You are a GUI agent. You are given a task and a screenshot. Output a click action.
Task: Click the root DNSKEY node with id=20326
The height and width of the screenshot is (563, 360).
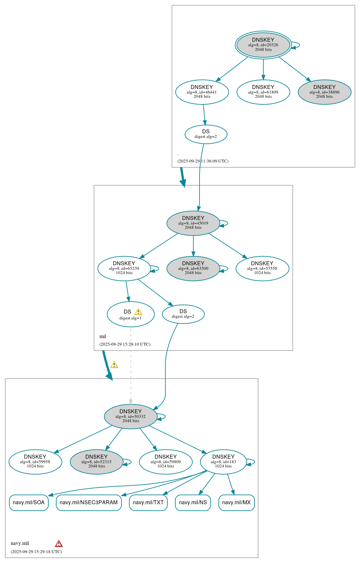click(263, 45)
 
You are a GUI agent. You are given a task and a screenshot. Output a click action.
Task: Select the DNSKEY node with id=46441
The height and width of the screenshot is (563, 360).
click(202, 92)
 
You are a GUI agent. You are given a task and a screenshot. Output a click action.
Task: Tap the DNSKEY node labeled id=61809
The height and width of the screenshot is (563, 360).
click(263, 92)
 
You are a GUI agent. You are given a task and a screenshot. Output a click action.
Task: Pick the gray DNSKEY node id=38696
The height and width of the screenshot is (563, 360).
click(324, 92)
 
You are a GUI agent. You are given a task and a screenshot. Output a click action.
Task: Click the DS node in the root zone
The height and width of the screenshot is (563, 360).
click(206, 134)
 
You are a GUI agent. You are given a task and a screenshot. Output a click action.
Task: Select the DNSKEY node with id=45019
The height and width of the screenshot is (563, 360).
click(193, 223)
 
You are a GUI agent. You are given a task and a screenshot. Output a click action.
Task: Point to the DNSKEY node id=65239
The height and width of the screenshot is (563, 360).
click(124, 268)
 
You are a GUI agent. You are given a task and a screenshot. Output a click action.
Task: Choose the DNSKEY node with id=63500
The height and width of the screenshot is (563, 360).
click(193, 268)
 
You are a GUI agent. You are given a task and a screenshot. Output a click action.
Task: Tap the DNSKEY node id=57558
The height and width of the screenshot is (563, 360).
click(262, 268)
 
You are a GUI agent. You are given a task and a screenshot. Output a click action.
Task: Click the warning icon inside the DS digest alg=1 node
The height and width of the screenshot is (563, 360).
click(138, 312)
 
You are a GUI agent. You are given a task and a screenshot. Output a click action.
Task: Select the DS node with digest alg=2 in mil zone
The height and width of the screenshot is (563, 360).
click(183, 314)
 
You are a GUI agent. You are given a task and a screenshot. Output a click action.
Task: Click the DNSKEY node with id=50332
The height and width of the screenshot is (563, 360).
click(131, 416)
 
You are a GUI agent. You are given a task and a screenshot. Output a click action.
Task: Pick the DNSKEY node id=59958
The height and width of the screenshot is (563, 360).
click(35, 462)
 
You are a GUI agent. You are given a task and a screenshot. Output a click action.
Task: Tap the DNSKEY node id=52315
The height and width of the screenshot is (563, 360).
click(96, 462)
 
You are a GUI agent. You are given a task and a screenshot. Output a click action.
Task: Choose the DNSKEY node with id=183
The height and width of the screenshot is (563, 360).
click(223, 462)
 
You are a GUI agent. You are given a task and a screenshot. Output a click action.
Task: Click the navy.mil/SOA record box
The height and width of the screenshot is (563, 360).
click(29, 503)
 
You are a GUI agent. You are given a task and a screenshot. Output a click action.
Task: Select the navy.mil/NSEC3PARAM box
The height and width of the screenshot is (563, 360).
click(89, 503)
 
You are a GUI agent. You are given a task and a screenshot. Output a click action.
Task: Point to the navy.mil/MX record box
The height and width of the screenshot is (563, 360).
click(236, 503)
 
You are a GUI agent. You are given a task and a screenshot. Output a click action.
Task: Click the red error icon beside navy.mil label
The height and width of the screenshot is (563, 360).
click(59, 544)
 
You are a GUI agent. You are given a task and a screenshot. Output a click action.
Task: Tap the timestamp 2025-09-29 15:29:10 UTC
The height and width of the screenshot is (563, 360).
click(125, 344)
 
